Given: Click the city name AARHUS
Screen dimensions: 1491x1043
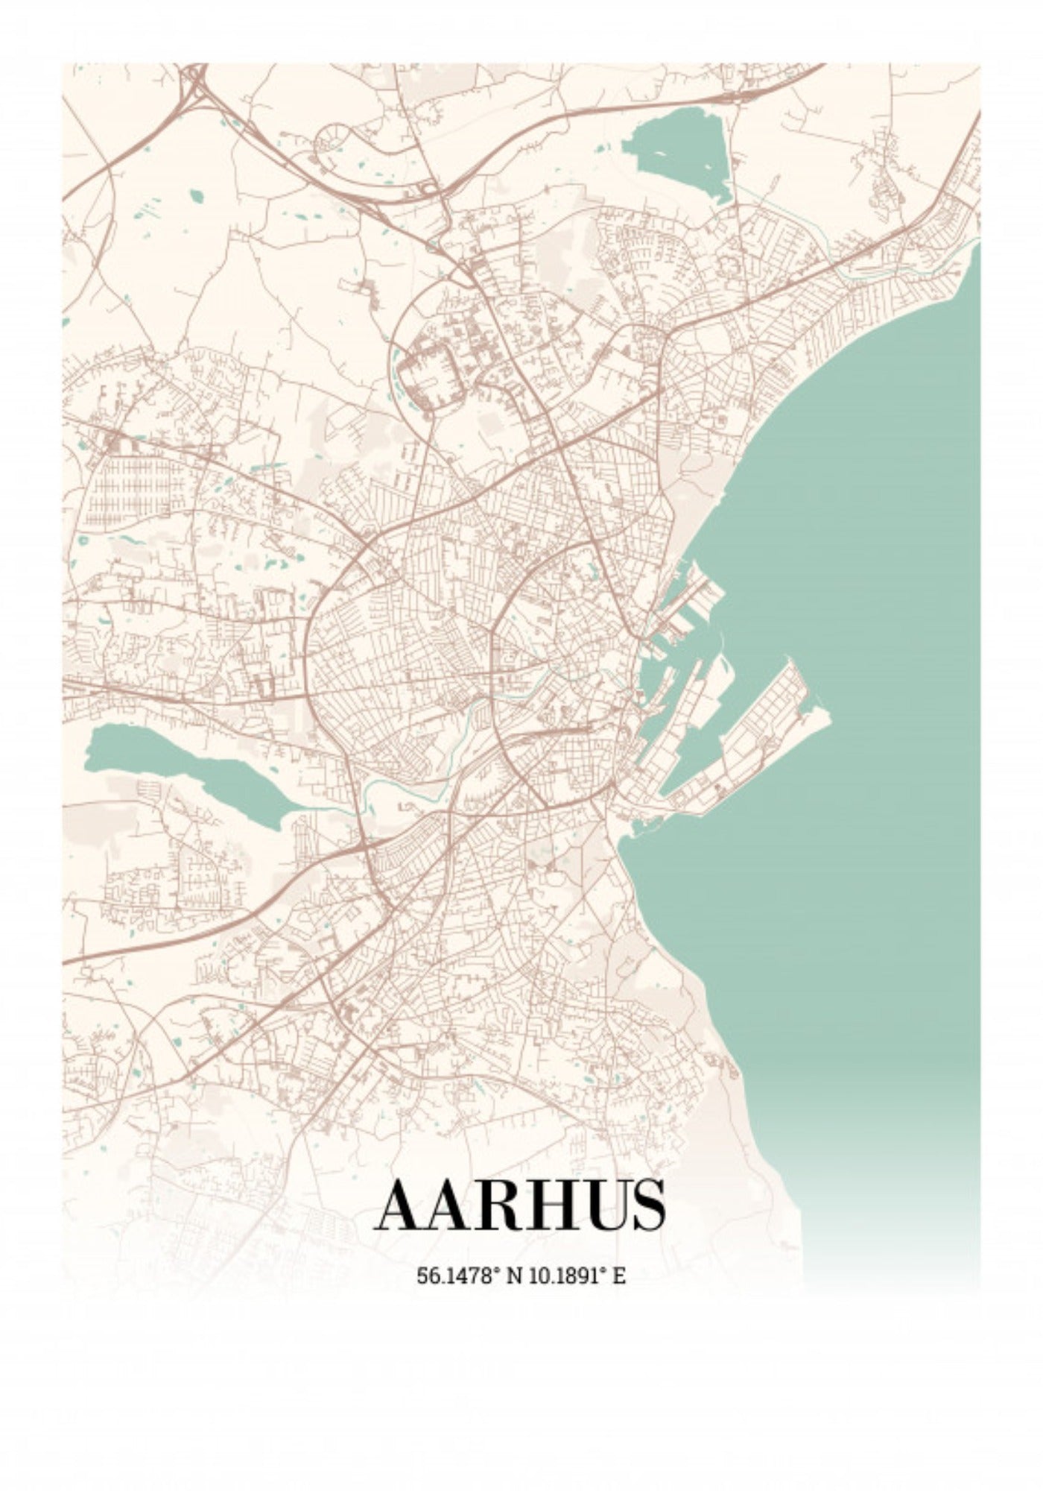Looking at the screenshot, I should [521, 1204].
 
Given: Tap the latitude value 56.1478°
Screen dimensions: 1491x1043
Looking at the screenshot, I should [457, 1276].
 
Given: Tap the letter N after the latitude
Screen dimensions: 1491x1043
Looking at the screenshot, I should [514, 1276].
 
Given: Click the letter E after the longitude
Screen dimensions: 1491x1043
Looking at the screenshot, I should [619, 1276].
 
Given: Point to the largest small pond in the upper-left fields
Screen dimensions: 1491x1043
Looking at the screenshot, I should [196, 197].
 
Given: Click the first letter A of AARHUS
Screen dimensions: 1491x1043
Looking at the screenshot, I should [402, 1204].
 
